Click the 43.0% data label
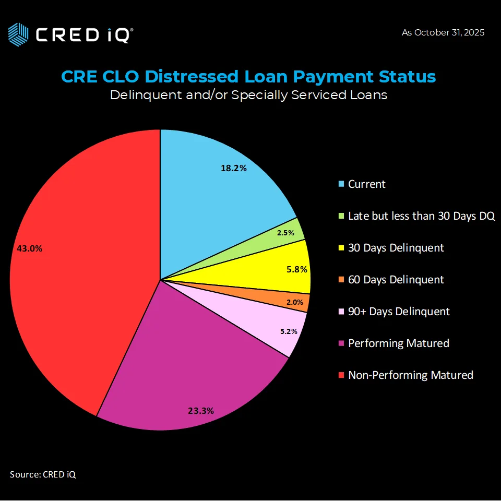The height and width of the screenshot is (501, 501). (30, 249)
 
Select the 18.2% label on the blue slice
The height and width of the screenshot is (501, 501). (233, 169)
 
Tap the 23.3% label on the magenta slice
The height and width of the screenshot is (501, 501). (201, 411)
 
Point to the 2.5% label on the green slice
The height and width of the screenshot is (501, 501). (285, 233)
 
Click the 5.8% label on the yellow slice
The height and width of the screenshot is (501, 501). (297, 270)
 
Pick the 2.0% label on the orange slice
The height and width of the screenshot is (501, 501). (295, 302)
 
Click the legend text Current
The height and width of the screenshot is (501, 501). (367, 184)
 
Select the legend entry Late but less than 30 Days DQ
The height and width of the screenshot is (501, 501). (421, 216)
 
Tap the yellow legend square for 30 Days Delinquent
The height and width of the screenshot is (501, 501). (341, 248)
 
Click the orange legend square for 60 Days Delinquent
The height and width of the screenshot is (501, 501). (341, 280)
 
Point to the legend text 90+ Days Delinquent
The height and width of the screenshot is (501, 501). (399, 312)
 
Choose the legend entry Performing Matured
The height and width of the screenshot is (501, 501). (399, 343)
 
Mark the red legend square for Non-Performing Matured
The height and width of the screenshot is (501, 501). (341, 375)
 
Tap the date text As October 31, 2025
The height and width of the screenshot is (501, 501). (443, 32)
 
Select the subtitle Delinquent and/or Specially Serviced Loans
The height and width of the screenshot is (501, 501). (248, 95)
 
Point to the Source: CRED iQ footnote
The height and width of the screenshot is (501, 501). (43, 474)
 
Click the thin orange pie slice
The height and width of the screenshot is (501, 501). (300, 303)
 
